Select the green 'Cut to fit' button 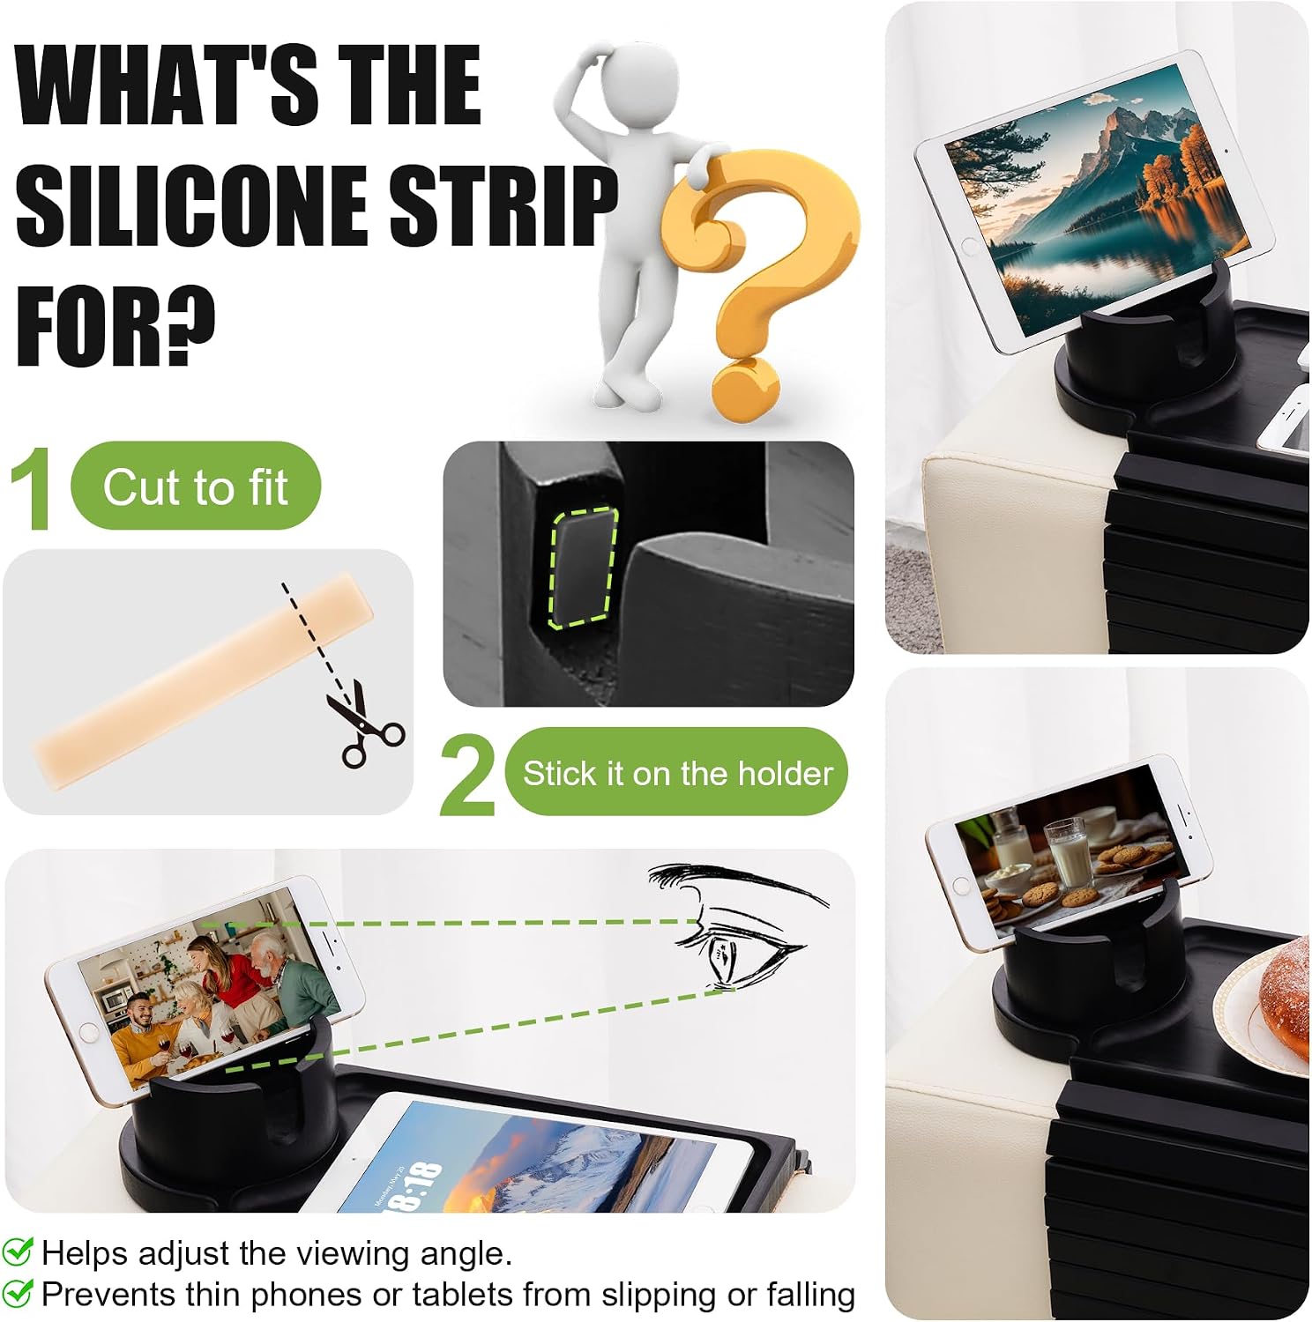196,486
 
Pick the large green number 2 468,775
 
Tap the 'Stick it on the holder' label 677,773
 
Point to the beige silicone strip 203,680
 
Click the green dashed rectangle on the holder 583,568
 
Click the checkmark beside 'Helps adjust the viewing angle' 18,1251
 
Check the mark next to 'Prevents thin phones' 18,1293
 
